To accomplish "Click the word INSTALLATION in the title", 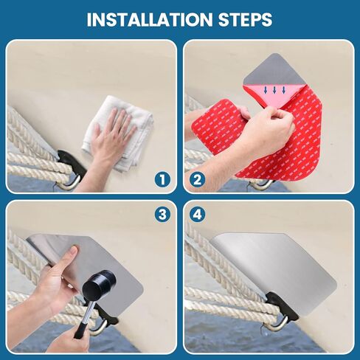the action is pos(150,19).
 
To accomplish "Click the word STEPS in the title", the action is pos(245,19).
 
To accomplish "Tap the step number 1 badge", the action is pos(162,180).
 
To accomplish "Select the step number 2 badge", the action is pos(198,180).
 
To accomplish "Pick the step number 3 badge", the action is pos(162,215).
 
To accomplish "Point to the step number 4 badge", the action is pos(198,215).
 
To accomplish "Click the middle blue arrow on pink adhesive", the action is pos(274,90).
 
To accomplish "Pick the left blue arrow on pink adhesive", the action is pos(265,90).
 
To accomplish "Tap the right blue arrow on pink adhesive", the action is pos(284,90).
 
